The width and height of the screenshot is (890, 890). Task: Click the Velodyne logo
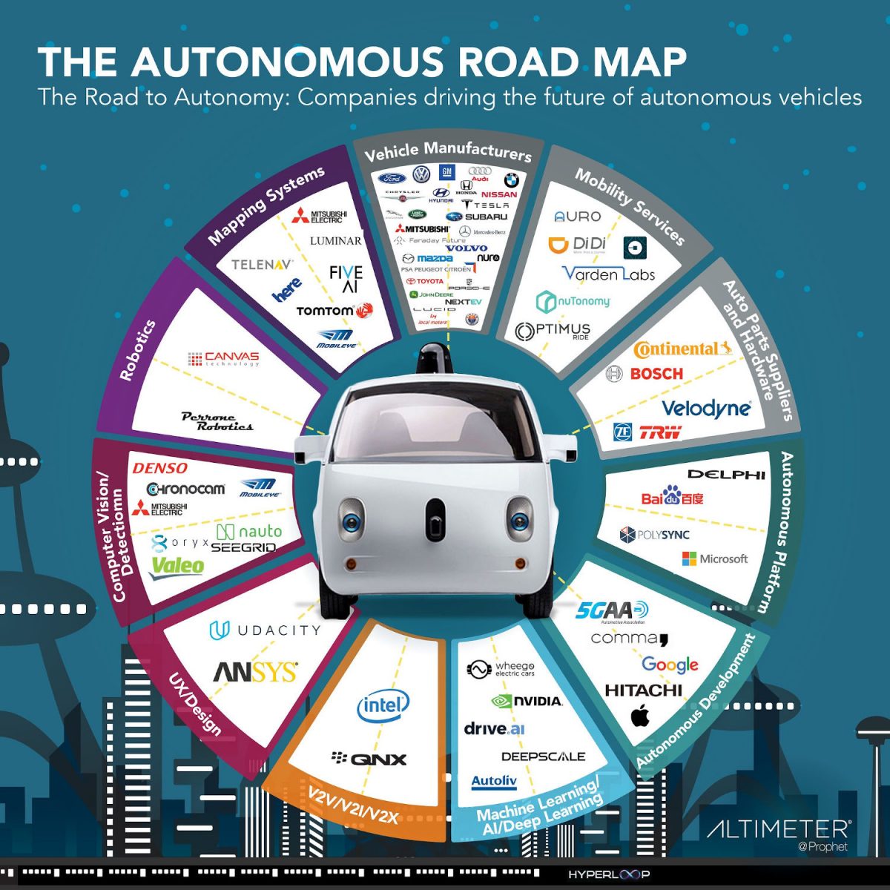point(705,408)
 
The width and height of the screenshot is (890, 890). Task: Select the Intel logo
point(383,705)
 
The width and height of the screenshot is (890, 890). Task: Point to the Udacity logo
point(265,630)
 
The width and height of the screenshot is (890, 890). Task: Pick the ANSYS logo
point(255,672)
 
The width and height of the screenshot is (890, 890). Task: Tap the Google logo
point(670,665)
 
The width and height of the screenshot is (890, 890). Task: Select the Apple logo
point(640,716)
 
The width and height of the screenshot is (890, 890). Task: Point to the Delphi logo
point(725,474)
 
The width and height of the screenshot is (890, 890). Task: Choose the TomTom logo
point(334,311)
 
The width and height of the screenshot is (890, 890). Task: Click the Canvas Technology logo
point(224,359)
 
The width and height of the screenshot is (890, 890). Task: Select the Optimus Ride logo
point(553,331)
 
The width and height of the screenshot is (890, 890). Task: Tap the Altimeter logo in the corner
point(778,829)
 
